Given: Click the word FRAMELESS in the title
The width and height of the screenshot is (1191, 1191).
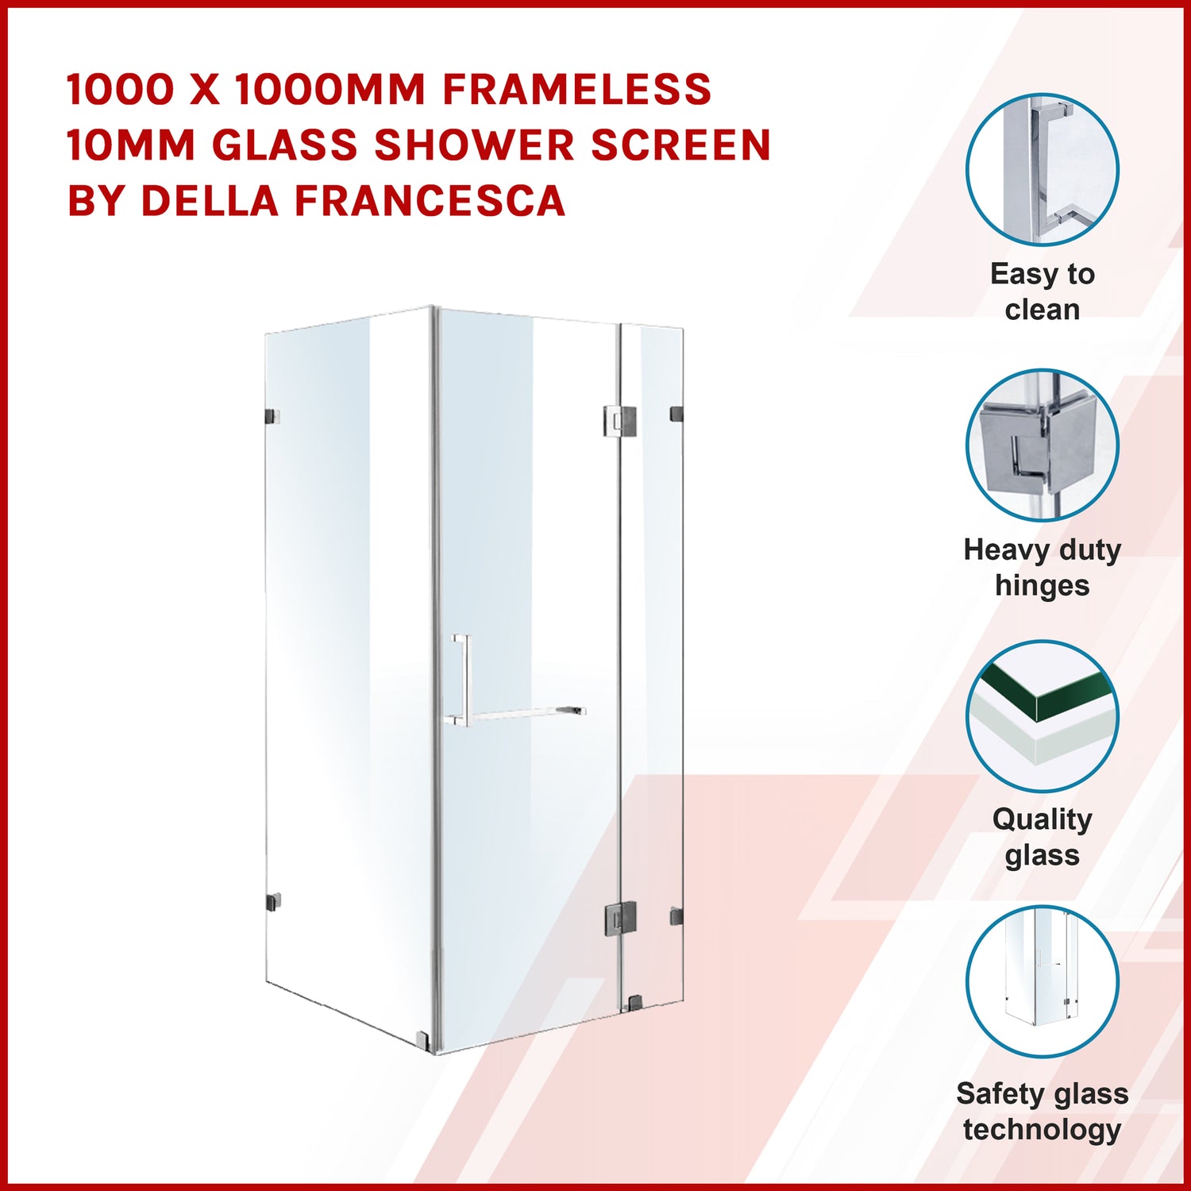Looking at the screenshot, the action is click(576, 89).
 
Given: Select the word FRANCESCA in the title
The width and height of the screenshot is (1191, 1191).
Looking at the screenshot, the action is click(430, 200).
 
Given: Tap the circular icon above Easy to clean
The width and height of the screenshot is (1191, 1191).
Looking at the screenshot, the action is click(1042, 169).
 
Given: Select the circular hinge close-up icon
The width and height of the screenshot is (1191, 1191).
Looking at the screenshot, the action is click(1042, 445).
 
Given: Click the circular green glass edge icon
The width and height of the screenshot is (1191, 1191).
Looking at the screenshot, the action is click(1042, 716).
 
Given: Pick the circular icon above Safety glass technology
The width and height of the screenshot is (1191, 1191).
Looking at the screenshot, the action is click(1042, 981).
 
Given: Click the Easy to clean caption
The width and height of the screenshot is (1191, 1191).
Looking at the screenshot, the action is click(1042, 291).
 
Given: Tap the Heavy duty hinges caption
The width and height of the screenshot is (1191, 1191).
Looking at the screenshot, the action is click(1042, 567).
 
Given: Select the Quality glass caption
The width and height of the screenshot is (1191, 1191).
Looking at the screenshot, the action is click(1042, 837).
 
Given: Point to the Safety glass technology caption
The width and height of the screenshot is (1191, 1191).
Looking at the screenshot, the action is click(1042, 1111).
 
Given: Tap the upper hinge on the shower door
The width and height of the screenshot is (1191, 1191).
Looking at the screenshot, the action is click(619, 421).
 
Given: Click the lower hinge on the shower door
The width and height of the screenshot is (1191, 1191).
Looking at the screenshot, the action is click(620, 918).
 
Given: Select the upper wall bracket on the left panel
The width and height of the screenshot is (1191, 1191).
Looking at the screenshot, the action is click(272, 416).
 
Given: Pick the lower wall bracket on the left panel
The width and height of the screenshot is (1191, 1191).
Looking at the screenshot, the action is click(272, 902).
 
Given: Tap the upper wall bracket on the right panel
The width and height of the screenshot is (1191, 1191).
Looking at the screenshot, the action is click(676, 414).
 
